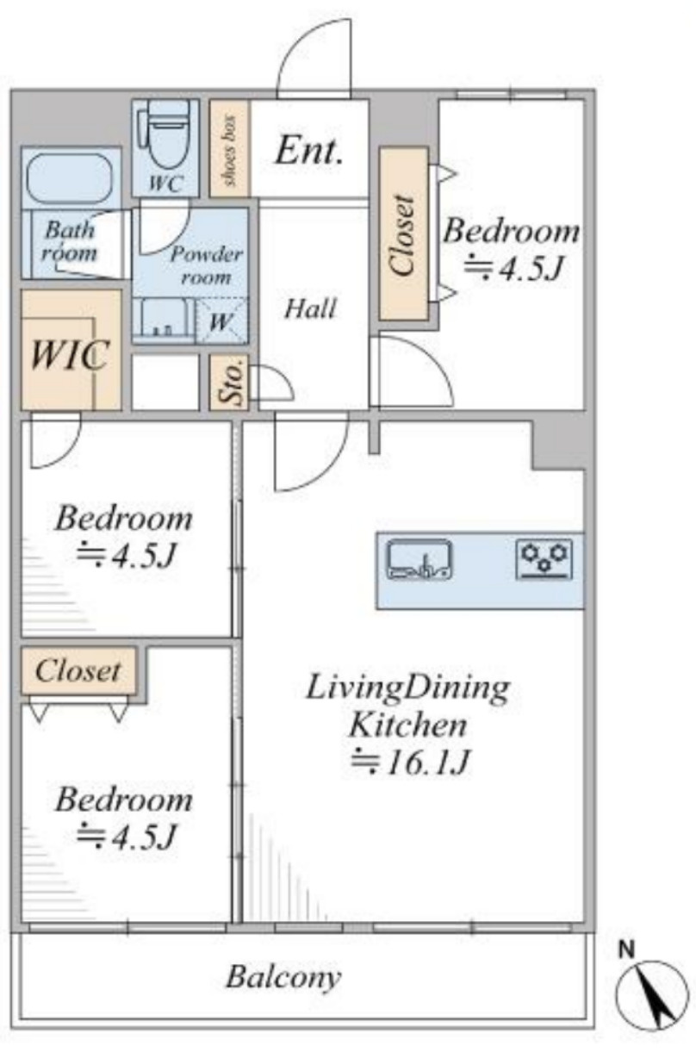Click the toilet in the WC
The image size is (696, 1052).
[x=165, y=135]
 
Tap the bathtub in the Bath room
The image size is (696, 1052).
[x=71, y=177]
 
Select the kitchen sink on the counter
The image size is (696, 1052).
[x=419, y=559]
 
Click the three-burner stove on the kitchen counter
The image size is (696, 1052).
[x=544, y=559]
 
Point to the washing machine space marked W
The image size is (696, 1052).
[x=221, y=321]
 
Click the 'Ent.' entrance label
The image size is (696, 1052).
[x=308, y=152]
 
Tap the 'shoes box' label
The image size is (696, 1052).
[x=229, y=150]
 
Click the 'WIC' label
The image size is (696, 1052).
[x=71, y=354]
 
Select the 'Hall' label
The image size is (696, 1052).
[x=310, y=309]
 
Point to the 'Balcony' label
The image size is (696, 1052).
[x=283, y=978]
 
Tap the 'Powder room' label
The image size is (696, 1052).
[x=207, y=266]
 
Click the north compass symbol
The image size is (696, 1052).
[x=651, y=998]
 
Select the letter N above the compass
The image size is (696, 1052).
[x=626, y=950]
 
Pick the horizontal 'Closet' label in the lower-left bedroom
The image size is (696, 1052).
[x=78, y=670]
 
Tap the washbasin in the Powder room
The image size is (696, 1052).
[x=163, y=316]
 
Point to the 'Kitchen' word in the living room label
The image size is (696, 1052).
[x=407, y=725]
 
